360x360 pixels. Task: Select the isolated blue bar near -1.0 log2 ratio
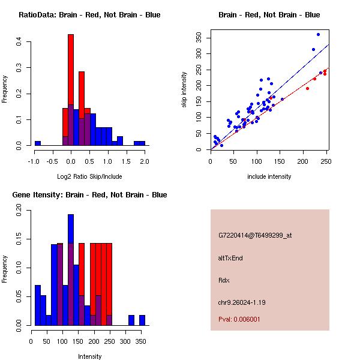(38, 143)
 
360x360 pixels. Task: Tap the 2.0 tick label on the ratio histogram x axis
(145, 161)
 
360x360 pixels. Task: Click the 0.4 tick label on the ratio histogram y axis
(19, 42)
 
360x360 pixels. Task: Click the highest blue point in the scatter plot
(318, 34)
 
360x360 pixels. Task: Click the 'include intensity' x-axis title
(269, 176)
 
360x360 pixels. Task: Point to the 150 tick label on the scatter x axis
(280, 161)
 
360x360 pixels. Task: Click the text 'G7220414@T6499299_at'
(255, 236)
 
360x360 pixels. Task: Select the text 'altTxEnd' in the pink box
(230, 258)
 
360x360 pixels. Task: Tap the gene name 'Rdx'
(224, 280)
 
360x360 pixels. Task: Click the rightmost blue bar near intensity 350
(142, 320)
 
